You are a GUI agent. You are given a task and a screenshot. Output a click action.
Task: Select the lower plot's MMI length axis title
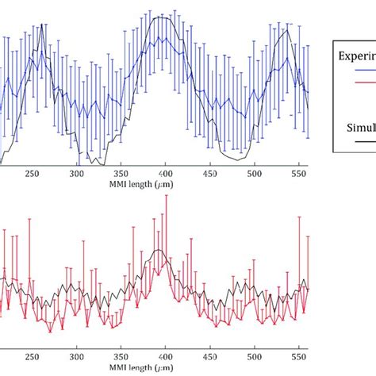coord(165,369)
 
